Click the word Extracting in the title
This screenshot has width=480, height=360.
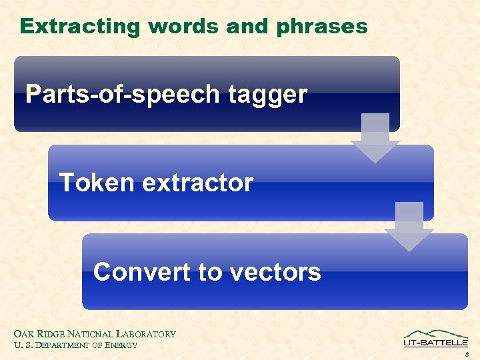pos(81,27)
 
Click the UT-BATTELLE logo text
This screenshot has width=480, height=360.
pos(435,343)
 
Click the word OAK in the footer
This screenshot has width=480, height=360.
pos(23,334)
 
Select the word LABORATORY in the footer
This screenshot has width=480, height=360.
pos(146,334)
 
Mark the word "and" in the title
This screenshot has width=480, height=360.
pos(245,27)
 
